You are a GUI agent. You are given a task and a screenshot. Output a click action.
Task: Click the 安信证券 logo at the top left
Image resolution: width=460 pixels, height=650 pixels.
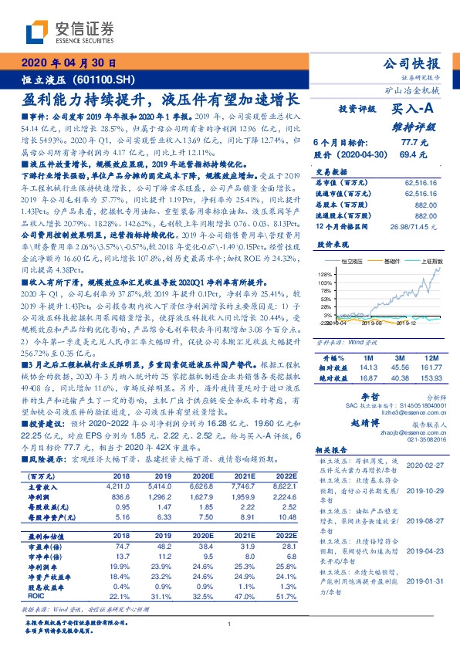pyautogui.click(x=58, y=32)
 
